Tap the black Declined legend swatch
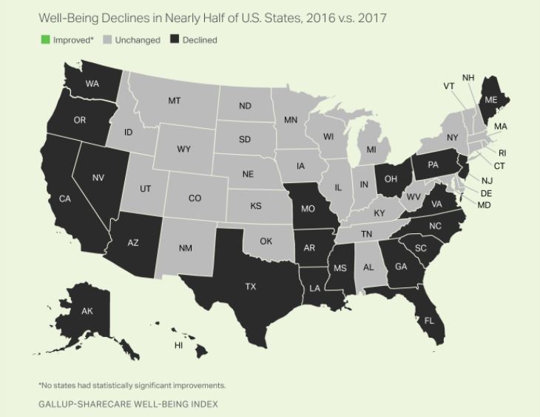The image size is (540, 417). (176, 40)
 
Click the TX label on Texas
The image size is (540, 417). (251, 287)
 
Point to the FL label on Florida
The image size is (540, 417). (428, 321)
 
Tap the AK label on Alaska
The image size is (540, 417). (87, 311)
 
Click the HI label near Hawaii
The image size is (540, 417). (178, 345)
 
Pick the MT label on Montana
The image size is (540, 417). (175, 101)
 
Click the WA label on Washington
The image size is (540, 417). (92, 84)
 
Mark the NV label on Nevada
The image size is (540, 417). (98, 177)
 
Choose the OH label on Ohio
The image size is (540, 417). (391, 179)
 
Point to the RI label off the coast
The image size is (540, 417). (502, 153)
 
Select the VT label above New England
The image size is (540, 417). (449, 87)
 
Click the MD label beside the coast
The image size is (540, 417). (484, 204)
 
